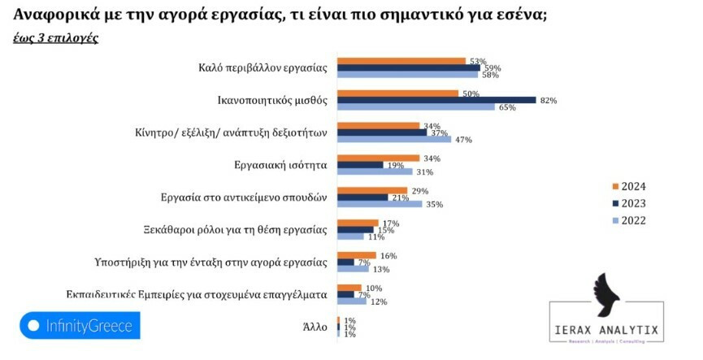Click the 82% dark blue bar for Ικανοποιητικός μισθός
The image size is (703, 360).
(x=436, y=100)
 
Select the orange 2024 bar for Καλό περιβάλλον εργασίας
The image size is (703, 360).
(x=401, y=61)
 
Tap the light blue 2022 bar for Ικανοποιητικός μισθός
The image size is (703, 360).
(x=416, y=107)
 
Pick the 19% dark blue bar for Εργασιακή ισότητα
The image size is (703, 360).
(x=360, y=165)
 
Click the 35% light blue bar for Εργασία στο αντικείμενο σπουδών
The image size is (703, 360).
(x=380, y=204)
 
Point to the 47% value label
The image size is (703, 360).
(x=464, y=140)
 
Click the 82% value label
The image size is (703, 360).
(x=549, y=100)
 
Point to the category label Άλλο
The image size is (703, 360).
(x=314, y=327)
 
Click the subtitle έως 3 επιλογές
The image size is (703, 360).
(x=56, y=38)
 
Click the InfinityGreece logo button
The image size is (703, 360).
(x=80, y=326)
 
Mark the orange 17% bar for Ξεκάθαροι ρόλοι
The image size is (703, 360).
(x=358, y=223)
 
